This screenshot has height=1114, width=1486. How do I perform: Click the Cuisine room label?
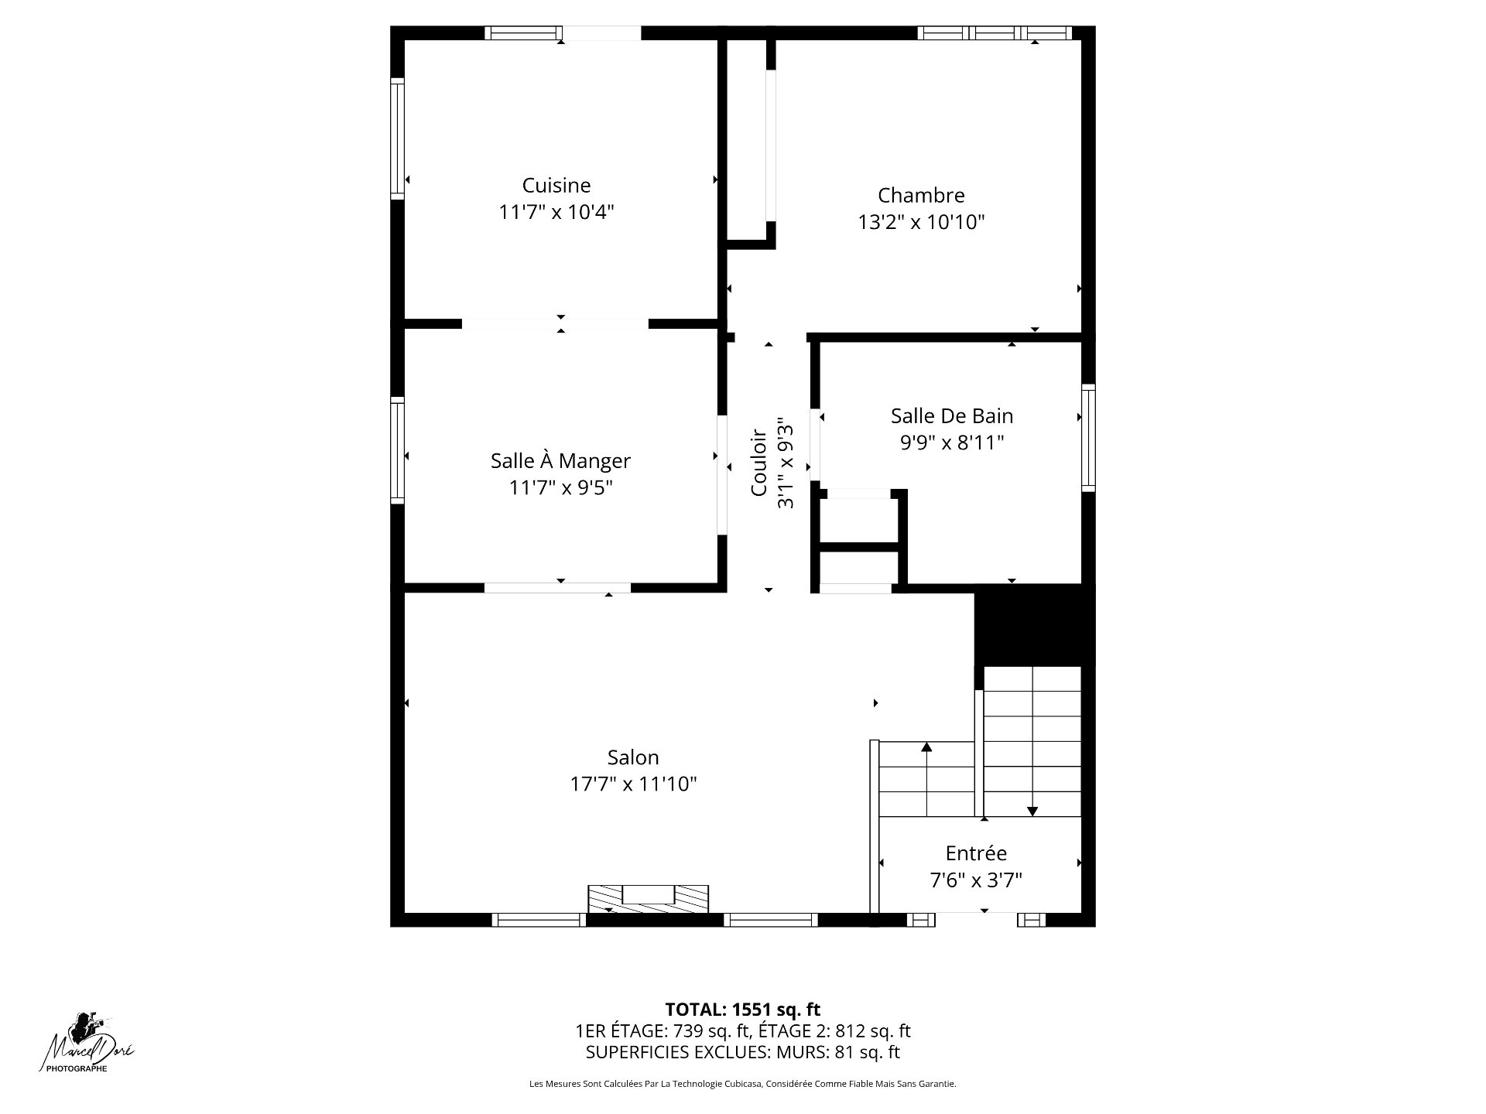tap(556, 186)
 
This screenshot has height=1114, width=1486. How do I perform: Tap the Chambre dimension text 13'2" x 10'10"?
tap(921, 223)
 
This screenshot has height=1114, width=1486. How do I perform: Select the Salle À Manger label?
tap(560, 461)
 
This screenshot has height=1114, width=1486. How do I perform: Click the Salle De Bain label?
tap(952, 416)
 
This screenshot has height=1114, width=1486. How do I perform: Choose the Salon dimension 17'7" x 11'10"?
tap(634, 784)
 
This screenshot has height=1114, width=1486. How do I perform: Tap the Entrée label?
tap(976, 853)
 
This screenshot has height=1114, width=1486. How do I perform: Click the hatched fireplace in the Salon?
tap(649, 898)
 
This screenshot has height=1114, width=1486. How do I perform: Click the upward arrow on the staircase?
tap(926, 778)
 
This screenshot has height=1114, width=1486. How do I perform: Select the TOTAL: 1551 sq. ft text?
tap(743, 1010)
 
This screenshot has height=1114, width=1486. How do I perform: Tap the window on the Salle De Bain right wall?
tap(1088, 437)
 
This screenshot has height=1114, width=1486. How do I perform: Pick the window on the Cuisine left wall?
tap(397, 138)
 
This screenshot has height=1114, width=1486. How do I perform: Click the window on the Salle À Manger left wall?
tap(397, 450)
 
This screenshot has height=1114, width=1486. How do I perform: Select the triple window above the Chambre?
tap(995, 32)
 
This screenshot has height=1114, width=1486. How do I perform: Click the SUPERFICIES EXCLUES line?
tap(743, 1052)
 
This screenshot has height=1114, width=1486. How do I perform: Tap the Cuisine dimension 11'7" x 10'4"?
tap(556, 212)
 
